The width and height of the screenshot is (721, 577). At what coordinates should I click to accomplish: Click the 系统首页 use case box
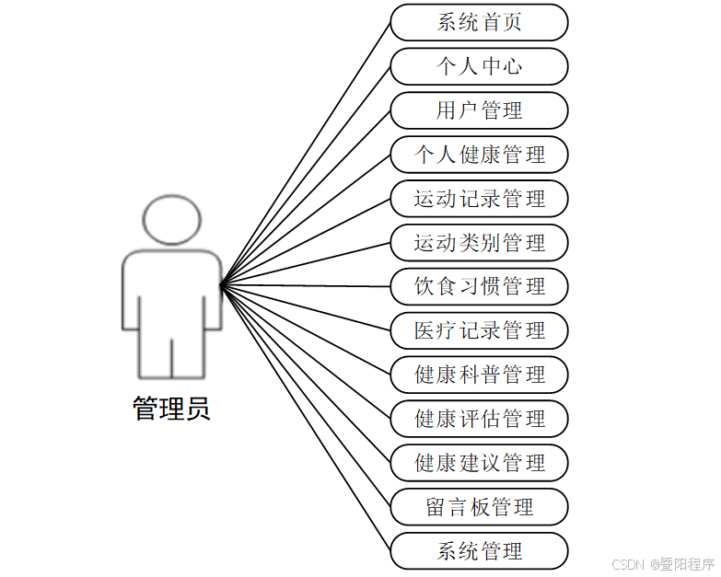coord(479,22)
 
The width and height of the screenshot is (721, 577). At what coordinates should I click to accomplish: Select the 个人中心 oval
coord(479,66)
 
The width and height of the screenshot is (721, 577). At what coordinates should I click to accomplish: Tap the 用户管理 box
coord(479,110)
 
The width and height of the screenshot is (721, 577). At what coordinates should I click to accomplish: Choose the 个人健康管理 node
coord(479,155)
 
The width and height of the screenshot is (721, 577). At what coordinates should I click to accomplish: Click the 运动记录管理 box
coord(479,199)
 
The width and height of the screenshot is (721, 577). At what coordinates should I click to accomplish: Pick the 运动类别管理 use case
coord(479,243)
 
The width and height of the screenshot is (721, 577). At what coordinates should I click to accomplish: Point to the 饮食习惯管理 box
coord(479,286)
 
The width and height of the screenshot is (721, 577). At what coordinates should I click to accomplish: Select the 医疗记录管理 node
coord(479,330)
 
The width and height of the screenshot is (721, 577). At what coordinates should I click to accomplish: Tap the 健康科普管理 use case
coord(479,375)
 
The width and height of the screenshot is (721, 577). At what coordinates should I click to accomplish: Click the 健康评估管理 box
coord(479,419)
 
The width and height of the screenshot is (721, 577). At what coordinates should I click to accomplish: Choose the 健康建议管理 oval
coord(479,462)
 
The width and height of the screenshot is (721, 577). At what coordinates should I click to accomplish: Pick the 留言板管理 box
coord(479,506)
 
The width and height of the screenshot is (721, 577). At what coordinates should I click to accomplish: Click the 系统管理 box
coord(479,550)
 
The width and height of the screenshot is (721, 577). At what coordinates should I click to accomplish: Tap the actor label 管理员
coord(171,408)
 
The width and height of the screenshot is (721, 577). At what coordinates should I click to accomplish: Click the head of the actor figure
coord(172,219)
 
